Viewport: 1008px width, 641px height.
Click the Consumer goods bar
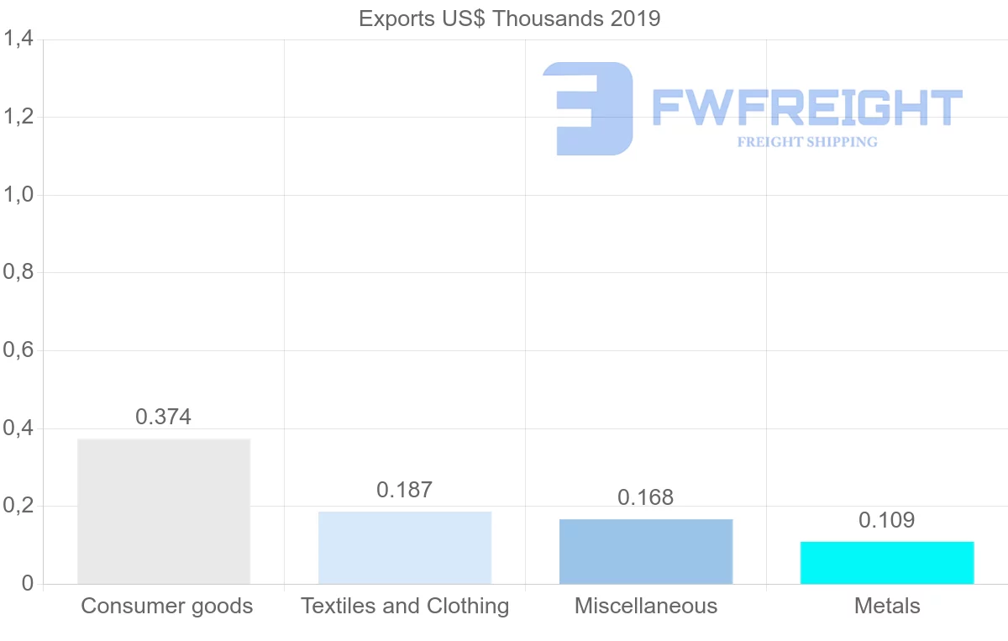164,511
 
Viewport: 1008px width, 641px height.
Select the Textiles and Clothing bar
405,547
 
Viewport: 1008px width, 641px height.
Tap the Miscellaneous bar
646,551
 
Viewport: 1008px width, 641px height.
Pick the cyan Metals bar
887,562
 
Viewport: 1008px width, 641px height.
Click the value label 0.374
164,417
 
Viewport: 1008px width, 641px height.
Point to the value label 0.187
405,490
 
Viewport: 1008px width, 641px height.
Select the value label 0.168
646,497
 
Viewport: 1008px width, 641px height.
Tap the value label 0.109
887,520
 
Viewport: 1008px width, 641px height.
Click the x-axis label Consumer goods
167,606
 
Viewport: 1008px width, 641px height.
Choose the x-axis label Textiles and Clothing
405,606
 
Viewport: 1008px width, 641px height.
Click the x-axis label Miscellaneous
646,606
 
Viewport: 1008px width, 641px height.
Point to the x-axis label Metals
887,606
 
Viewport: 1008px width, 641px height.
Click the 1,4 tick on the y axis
18,39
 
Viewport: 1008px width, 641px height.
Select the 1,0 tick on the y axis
18,195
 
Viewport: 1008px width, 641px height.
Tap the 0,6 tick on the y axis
18,350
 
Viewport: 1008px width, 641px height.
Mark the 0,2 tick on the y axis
18,507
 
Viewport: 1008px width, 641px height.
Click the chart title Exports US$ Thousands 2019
510,18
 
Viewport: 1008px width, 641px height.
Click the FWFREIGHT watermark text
806,108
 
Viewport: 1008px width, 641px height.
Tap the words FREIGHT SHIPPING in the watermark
807,142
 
